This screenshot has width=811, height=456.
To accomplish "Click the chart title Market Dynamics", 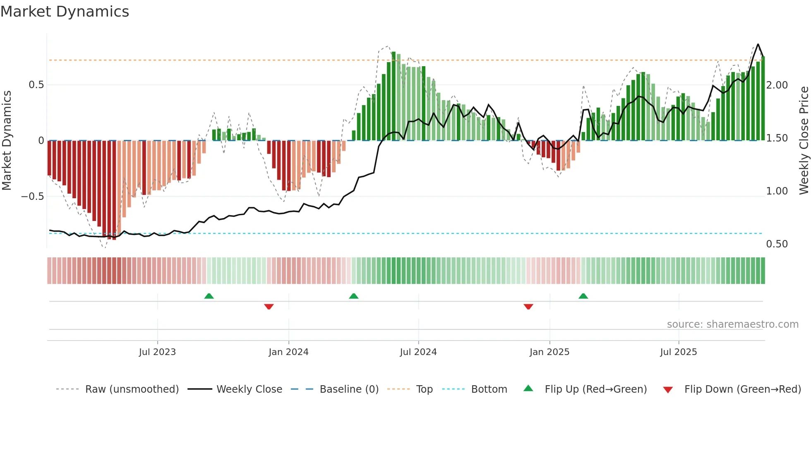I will pyautogui.click(x=65, y=12).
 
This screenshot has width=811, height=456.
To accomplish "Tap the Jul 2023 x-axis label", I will pyautogui.click(x=157, y=352).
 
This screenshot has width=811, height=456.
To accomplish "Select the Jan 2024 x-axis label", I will pyautogui.click(x=288, y=352).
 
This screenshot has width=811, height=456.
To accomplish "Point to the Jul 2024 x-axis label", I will pyautogui.click(x=418, y=352).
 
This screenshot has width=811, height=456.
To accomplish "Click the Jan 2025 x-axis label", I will pyautogui.click(x=549, y=352).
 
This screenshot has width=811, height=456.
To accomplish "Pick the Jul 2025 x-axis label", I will pyautogui.click(x=679, y=352).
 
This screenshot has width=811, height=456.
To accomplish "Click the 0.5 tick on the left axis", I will pyautogui.click(x=36, y=85).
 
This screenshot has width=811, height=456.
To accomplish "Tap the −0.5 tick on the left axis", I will pyautogui.click(x=33, y=196).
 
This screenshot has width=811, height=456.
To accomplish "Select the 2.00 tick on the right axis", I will pyautogui.click(x=777, y=85).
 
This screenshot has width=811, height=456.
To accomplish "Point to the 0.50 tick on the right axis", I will pyautogui.click(x=777, y=244).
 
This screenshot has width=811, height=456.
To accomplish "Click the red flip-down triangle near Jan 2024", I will pyautogui.click(x=269, y=307).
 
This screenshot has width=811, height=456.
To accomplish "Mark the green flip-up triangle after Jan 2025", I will pyautogui.click(x=583, y=296).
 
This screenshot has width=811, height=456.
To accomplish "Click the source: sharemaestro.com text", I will pyautogui.click(x=732, y=324).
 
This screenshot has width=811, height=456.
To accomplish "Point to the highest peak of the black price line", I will pyautogui.click(x=758, y=44).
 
